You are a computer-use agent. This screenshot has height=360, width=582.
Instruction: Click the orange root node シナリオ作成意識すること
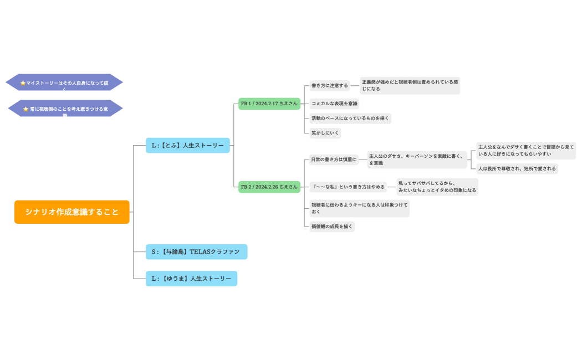72,212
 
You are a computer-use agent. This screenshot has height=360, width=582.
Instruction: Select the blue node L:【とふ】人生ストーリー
187,145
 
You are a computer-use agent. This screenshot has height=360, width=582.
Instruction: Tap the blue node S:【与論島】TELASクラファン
196,251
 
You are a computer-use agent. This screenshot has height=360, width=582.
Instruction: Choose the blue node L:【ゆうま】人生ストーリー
191,278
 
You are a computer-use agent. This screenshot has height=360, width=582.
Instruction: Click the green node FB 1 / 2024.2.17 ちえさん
269,104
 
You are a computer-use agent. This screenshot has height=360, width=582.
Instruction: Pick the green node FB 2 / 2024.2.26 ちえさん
269,187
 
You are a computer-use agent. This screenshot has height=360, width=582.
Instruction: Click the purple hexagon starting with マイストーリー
64,83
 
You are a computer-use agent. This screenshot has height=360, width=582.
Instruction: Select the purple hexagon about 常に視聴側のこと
65,109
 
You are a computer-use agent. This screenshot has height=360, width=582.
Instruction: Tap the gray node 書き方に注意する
330,85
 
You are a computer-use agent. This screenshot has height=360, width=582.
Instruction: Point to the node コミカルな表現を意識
334,103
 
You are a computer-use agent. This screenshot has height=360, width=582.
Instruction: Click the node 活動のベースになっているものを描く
350,118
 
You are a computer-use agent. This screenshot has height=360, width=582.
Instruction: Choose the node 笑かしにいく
325,133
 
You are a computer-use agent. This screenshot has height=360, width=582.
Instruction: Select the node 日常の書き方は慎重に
334,160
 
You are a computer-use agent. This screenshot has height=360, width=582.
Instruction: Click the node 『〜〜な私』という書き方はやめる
348,187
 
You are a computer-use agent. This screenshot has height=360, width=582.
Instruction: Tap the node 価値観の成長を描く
331,226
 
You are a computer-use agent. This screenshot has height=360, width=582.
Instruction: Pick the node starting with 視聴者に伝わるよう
359,208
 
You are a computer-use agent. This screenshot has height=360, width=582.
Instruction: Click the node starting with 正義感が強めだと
410,85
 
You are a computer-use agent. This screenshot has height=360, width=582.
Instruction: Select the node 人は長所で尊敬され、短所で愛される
517,168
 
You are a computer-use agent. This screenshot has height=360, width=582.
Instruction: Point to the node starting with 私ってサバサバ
437,187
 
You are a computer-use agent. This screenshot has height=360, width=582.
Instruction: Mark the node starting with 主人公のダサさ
417,160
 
